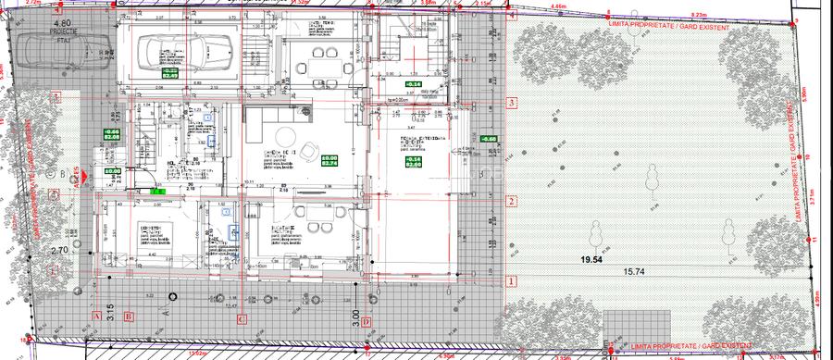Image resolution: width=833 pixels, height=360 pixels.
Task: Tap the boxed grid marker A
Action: tap(94, 316)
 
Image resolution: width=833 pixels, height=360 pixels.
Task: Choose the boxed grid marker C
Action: tap(242, 319)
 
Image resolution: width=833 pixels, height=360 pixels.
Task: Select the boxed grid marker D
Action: tap(367, 322)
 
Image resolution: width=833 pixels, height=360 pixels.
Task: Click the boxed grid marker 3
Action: tap(510, 103)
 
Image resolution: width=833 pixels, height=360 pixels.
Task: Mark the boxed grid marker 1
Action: tap(510, 279)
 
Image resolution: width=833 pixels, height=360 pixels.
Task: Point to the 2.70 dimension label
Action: tap(60, 250)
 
